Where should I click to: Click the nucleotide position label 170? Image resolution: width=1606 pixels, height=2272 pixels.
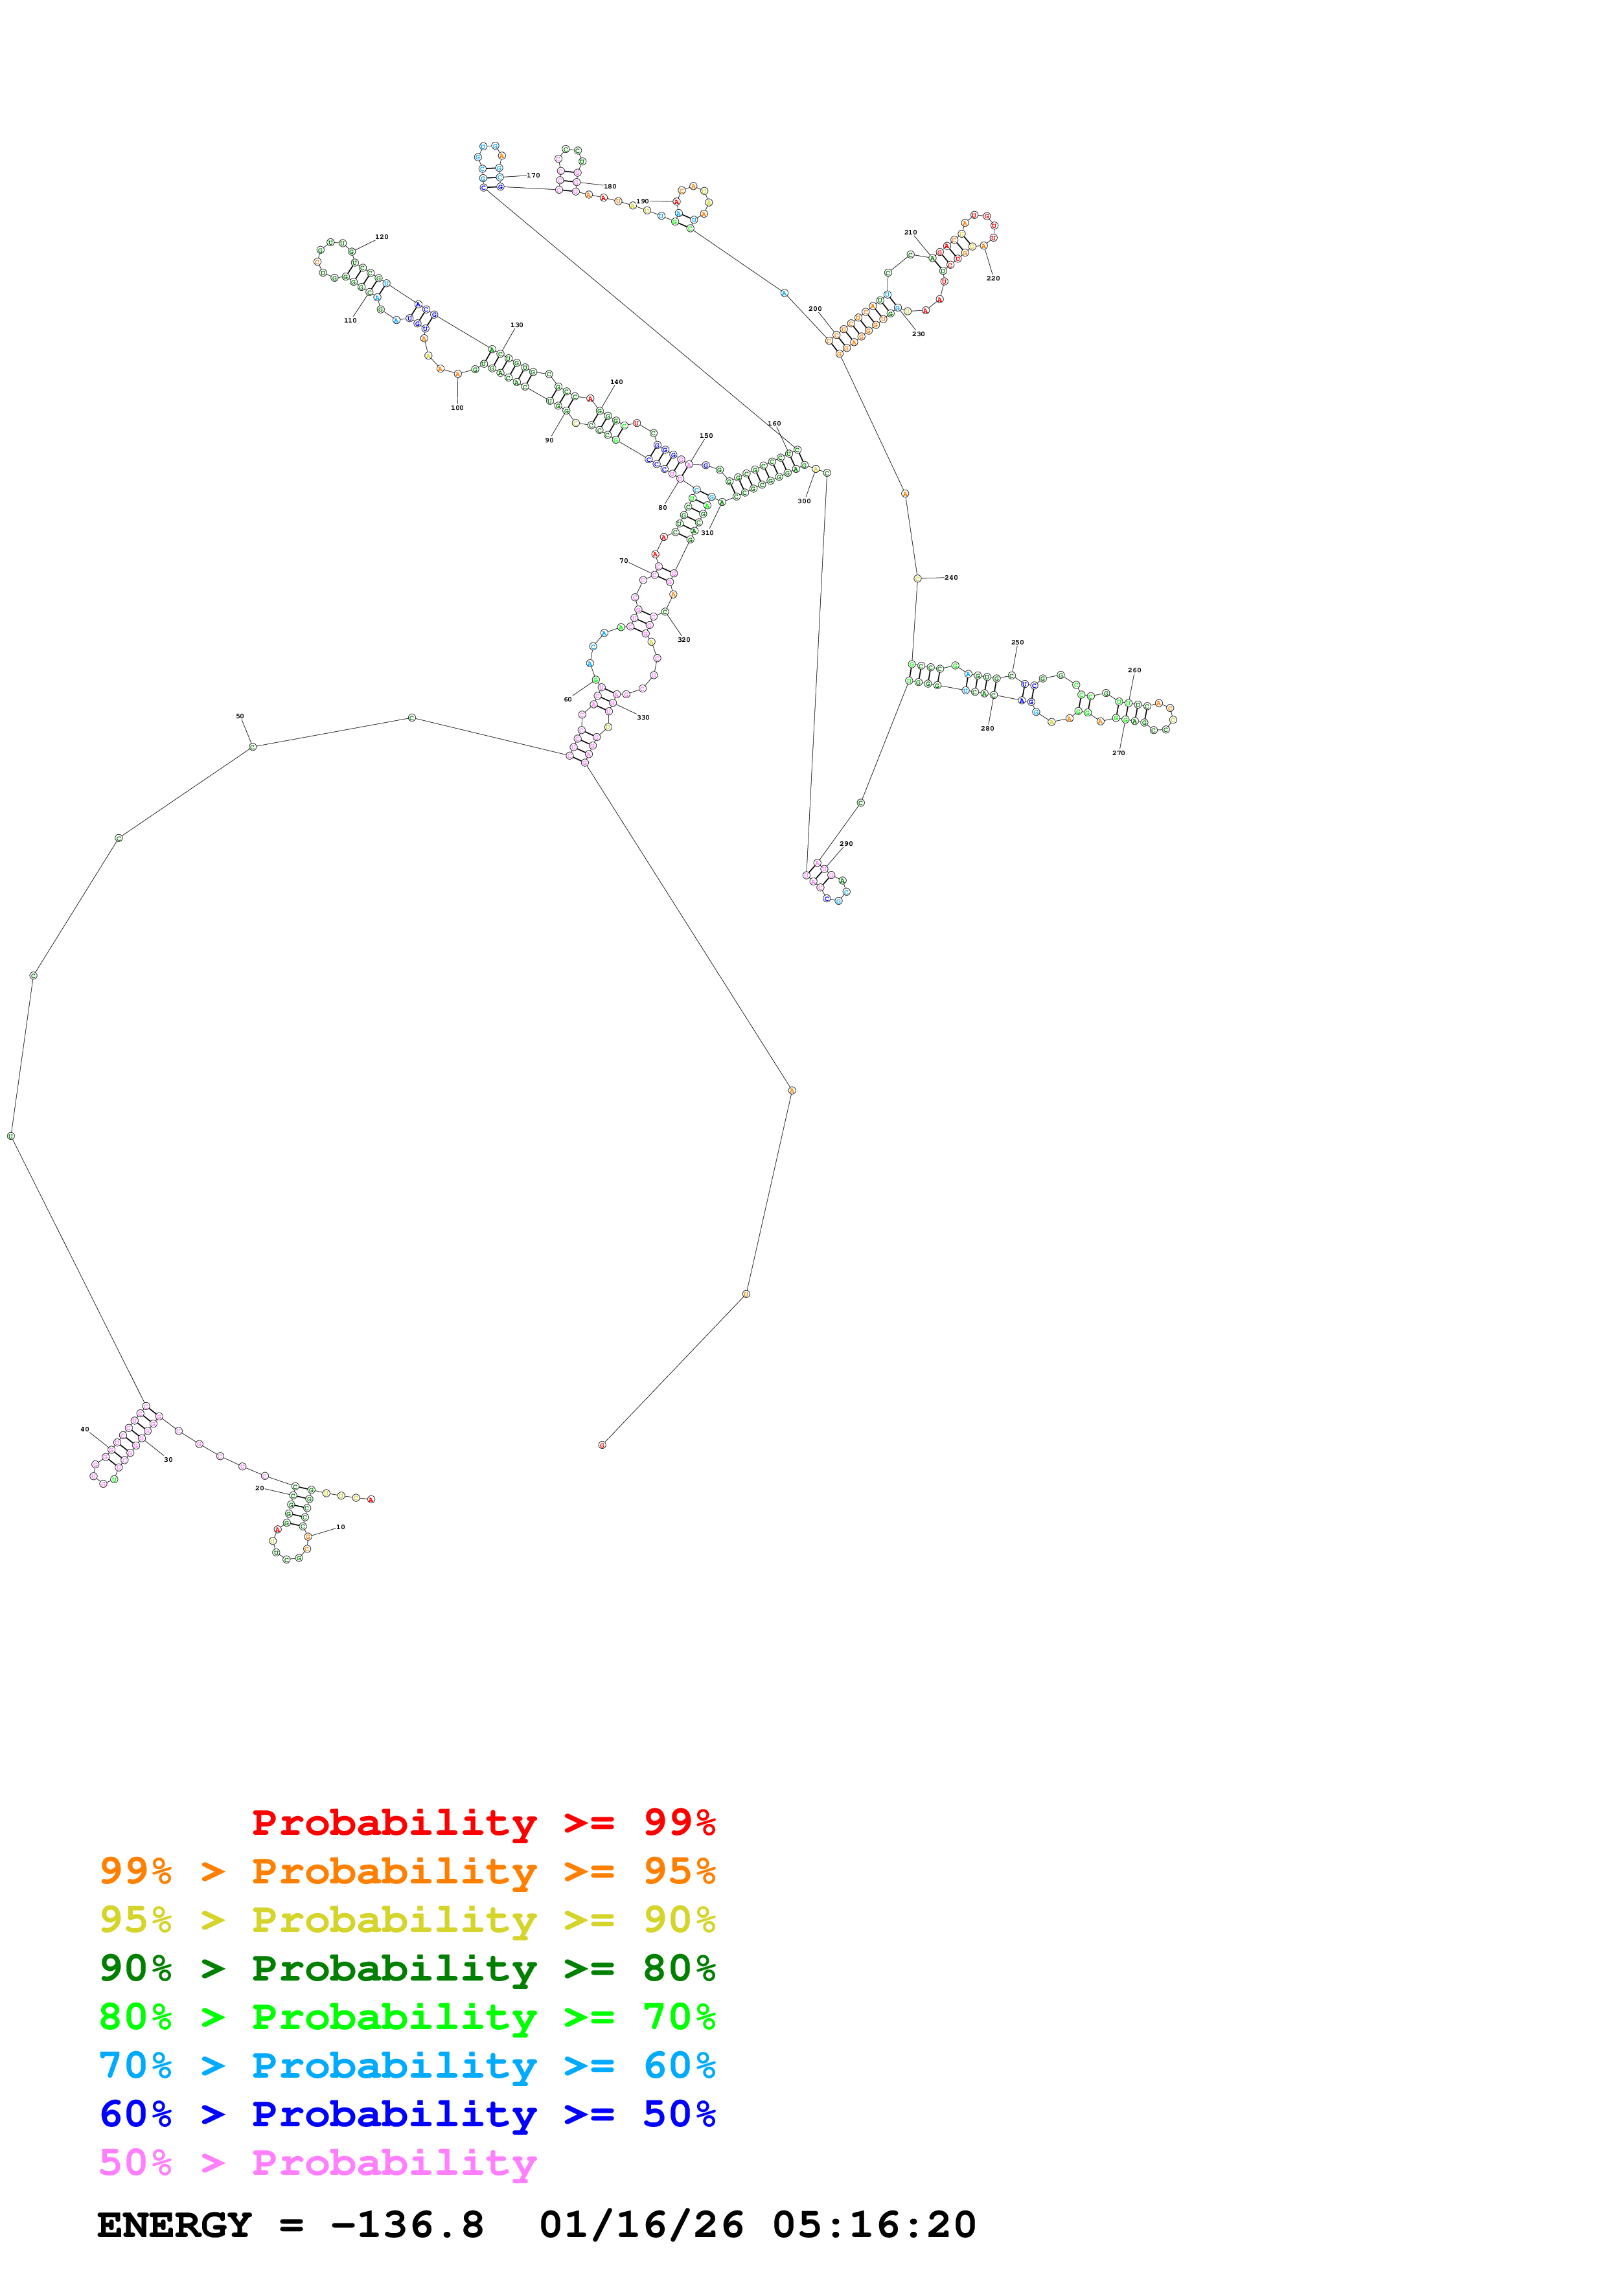pyautogui.click(x=533, y=175)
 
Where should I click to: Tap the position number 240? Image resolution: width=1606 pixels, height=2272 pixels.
pyautogui.click(x=951, y=578)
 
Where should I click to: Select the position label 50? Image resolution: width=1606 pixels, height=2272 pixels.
pyautogui.click(x=240, y=716)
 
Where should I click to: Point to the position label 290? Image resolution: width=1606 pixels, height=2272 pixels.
pyautogui.click(x=846, y=844)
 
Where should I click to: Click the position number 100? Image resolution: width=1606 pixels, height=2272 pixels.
pyautogui.click(x=457, y=407)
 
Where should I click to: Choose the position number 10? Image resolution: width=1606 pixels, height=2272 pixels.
pyautogui.click(x=340, y=1527)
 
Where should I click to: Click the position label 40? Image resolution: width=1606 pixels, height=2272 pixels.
pyautogui.click(x=85, y=1430)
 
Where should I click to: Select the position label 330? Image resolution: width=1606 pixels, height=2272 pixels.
pyautogui.click(x=643, y=718)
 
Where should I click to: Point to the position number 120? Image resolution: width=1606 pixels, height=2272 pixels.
pyautogui.click(x=382, y=238)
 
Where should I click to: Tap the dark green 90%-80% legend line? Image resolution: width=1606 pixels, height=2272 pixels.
pyautogui.click(x=407, y=1968)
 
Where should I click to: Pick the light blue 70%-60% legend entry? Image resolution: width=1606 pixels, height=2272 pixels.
pyautogui.click(x=407, y=2065)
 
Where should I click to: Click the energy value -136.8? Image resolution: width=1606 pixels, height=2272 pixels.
pyautogui.click(x=407, y=2225)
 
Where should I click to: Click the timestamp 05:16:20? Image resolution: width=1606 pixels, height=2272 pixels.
pyautogui.click(x=874, y=2225)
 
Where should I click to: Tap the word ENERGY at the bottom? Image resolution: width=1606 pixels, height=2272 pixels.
pyautogui.click(x=174, y=2225)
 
